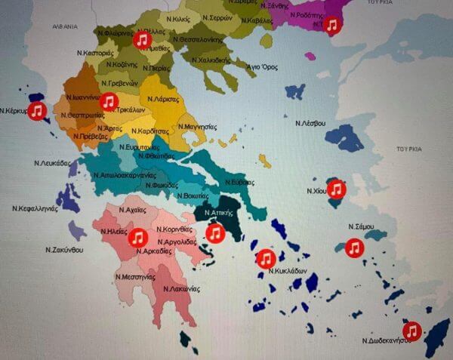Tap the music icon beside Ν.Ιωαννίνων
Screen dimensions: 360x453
[109, 101]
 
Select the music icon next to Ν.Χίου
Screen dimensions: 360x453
[336, 189]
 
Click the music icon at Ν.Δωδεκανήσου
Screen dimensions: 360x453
[411, 331]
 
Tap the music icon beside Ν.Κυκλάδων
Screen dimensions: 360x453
[265, 259]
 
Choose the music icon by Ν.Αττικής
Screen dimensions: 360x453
[215, 234]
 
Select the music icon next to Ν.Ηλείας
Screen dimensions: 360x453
[137, 238]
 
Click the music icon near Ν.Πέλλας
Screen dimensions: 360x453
[142, 40]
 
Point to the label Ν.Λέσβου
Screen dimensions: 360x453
[310, 122]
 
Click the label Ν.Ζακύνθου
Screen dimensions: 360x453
[63, 249]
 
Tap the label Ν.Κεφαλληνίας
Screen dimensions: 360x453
[35, 208]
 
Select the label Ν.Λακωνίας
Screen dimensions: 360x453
[181, 288]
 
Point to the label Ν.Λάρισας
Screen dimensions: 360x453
[163, 99]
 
